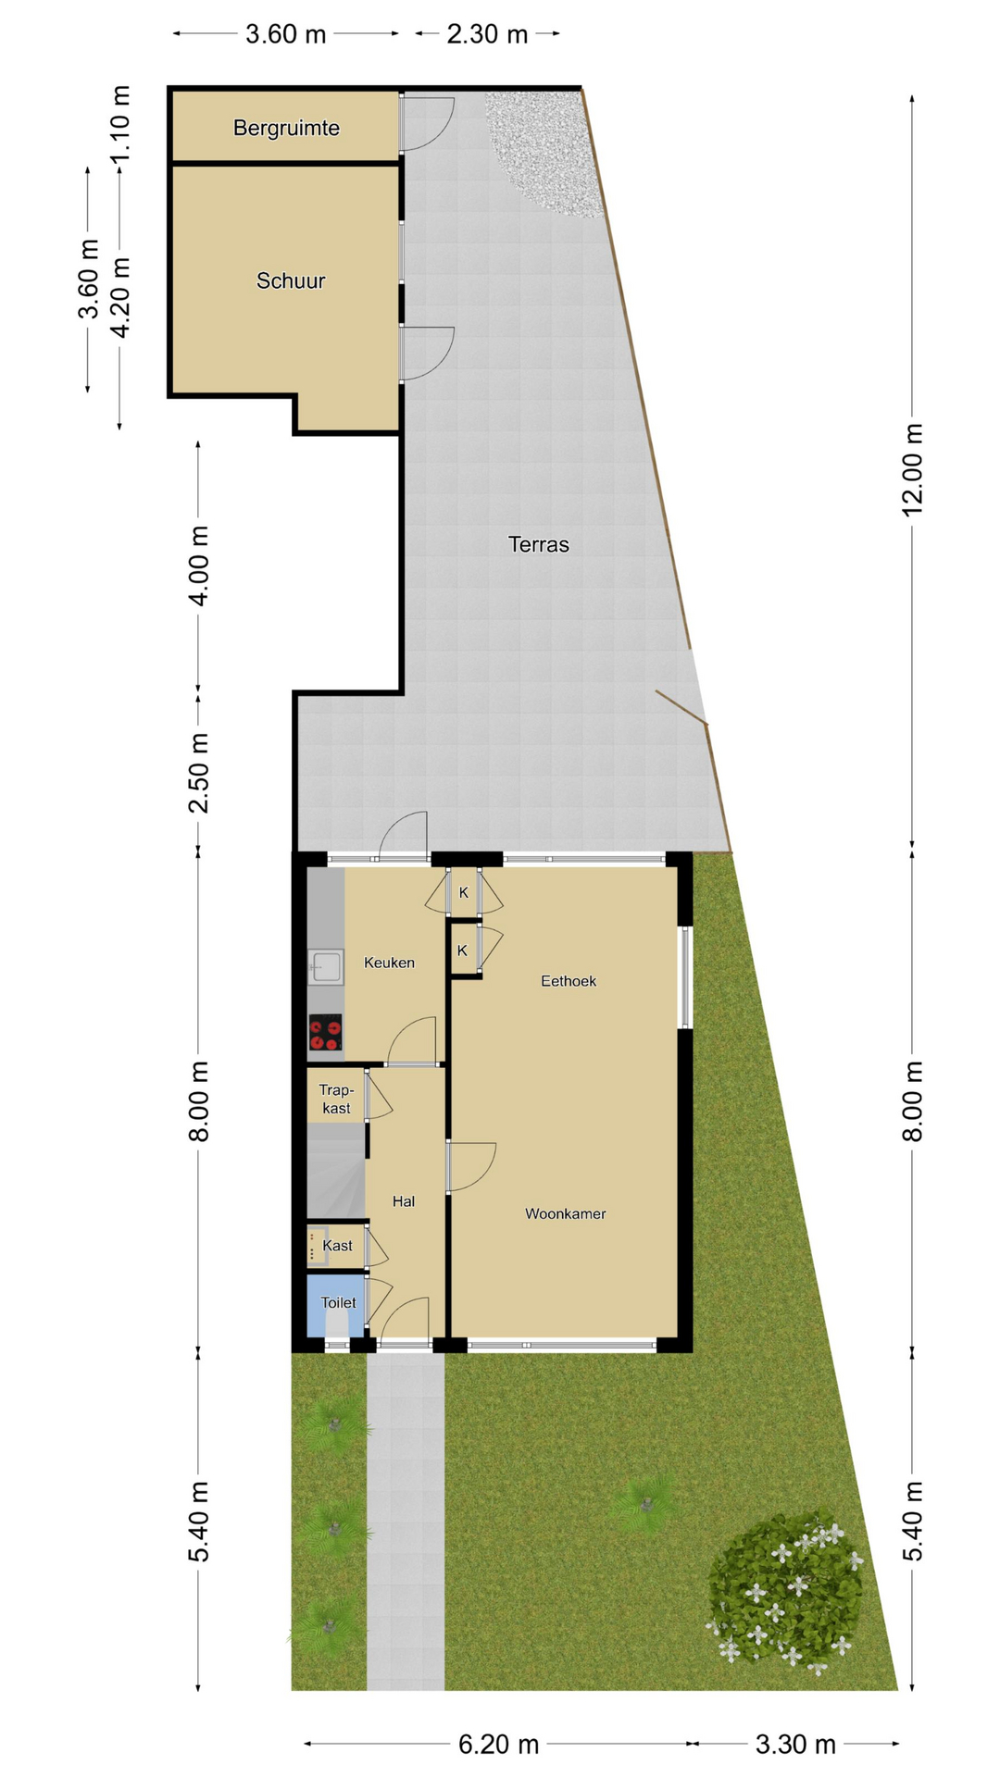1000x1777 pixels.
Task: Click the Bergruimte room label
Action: click(286, 128)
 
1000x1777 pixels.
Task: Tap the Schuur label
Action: click(291, 280)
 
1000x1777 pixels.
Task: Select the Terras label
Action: click(538, 544)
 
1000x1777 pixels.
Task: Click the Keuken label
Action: click(389, 963)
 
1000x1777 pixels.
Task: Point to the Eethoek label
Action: click(569, 981)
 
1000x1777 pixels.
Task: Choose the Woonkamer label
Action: click(565, 1213)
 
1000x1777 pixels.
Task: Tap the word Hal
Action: click(403, 1201)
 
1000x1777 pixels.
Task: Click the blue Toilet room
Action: click(335, 1305)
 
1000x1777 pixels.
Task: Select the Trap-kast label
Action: click(336, 1099)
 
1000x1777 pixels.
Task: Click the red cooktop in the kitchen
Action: click(325, 1033)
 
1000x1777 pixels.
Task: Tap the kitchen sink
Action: click(325, 968)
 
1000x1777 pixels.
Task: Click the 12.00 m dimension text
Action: click(913, 470)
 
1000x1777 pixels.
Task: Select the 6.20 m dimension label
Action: click(498, 1745)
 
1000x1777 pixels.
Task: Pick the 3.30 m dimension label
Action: click(795, 1745)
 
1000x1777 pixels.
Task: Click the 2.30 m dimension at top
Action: click(487, 34)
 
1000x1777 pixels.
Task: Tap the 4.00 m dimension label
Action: click(199, 565)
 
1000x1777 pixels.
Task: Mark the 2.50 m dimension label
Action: click(199, 773)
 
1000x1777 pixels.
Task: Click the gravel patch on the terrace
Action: click(544, 148)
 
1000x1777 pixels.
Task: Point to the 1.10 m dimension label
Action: click(120, 124)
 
